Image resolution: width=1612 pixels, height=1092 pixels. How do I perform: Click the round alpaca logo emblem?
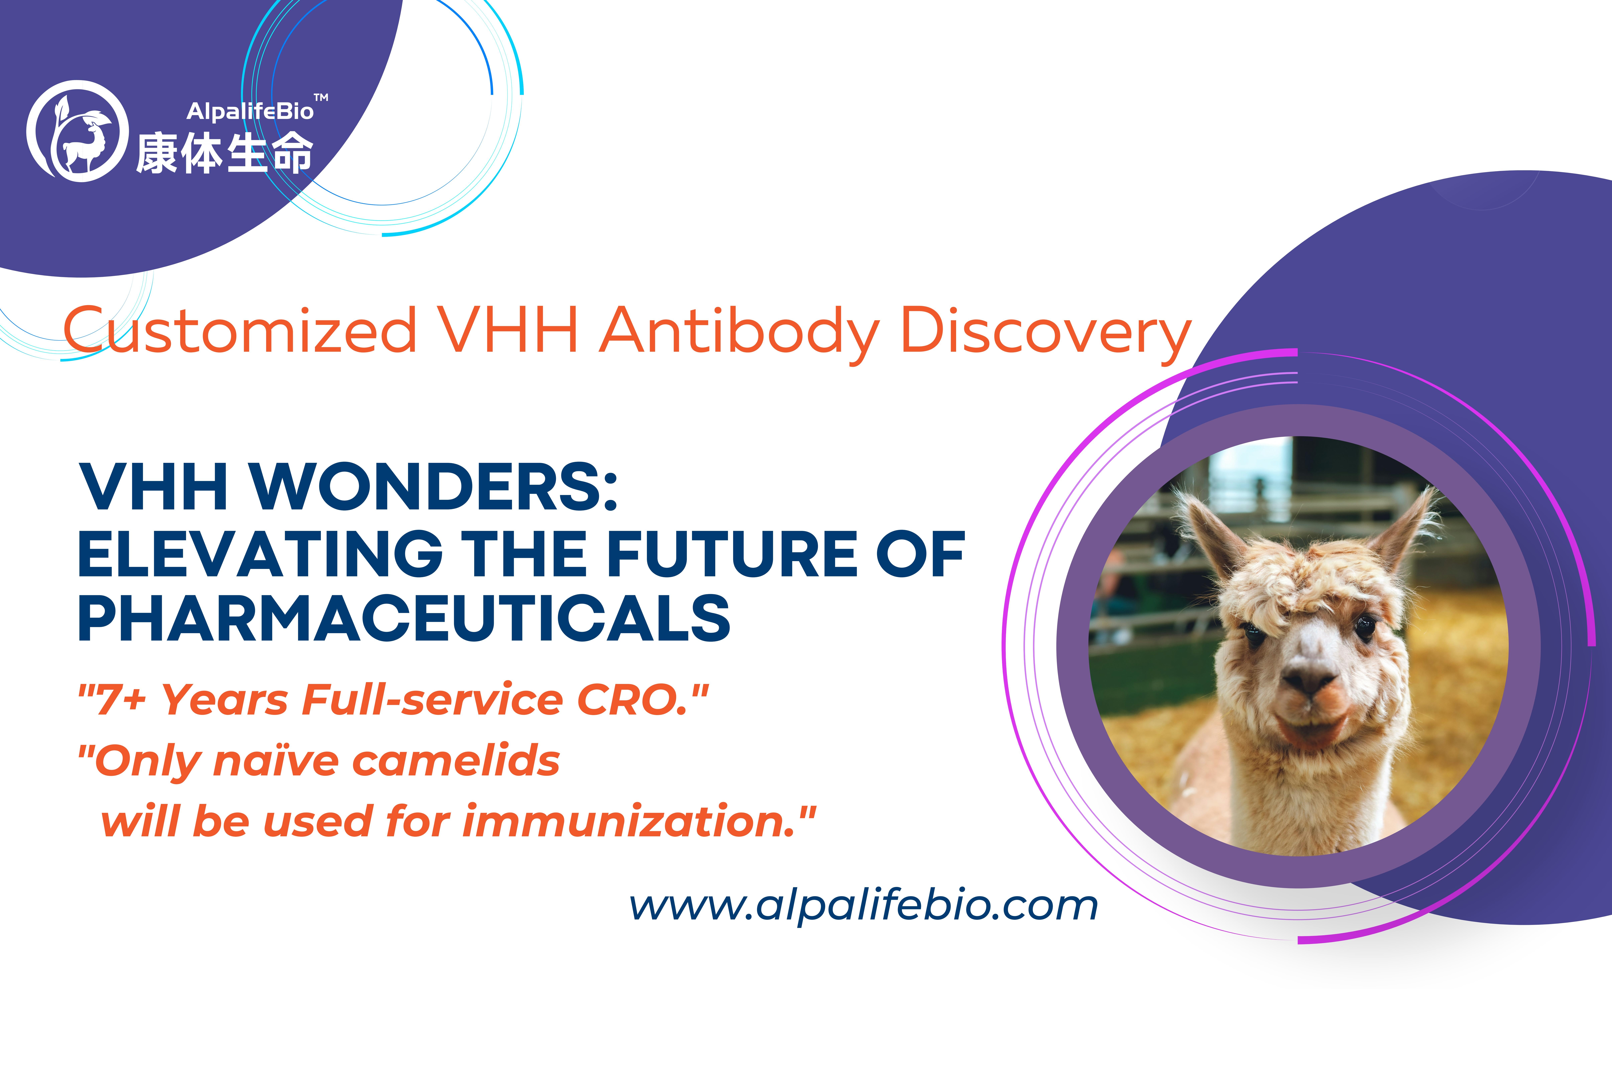pyautogui.click(x=78, y=131)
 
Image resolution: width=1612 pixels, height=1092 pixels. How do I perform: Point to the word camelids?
pyautogui.click(x=456, y=761)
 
